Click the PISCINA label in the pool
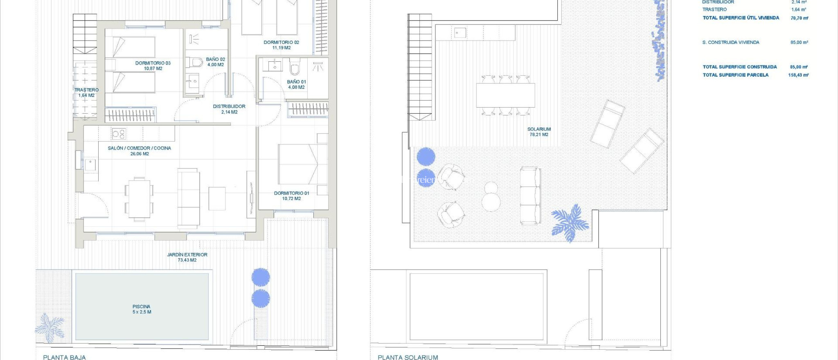(x=142, y=309)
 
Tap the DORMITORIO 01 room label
(x=291, y=196)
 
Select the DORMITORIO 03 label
(x=153, y=66)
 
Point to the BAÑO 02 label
(x=215, y=62)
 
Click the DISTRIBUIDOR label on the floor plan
(x=229, y=109)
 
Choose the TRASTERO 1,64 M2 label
(x=86, y=92)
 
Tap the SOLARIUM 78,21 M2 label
(x=539, y=132)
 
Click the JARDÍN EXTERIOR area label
(x=187, y=257)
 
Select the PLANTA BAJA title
(x=64, y=357)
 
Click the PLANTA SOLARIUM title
(x=408, y=357)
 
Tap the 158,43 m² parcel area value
(x=798, y=75)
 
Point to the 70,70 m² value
(x=799, y=18)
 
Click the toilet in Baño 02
(x=195, y=63)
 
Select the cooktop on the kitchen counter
(x=119, y=133)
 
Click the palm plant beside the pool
(x=50, y=327)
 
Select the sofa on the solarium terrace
(x=530, y=196)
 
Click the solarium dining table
(x=505, y=95)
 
